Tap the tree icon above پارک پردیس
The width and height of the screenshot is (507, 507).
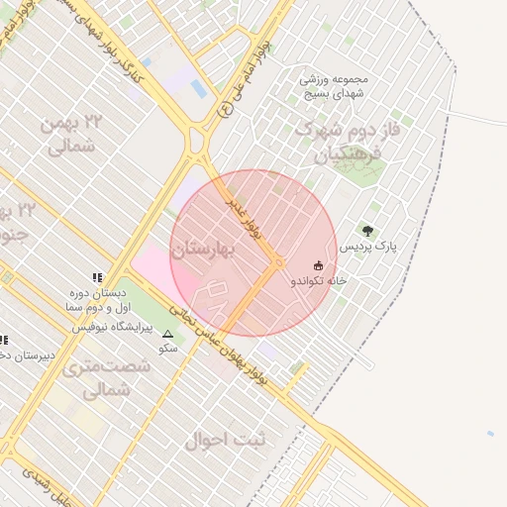tap(369, 230)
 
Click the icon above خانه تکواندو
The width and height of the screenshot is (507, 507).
tap(318, 265)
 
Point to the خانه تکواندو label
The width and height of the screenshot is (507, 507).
tap(318, 281)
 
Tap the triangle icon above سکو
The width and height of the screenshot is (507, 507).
tap(167, 335)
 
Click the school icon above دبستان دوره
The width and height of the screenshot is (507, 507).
tap(97, 278)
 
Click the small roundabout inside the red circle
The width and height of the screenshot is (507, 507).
tap(279, 262)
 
